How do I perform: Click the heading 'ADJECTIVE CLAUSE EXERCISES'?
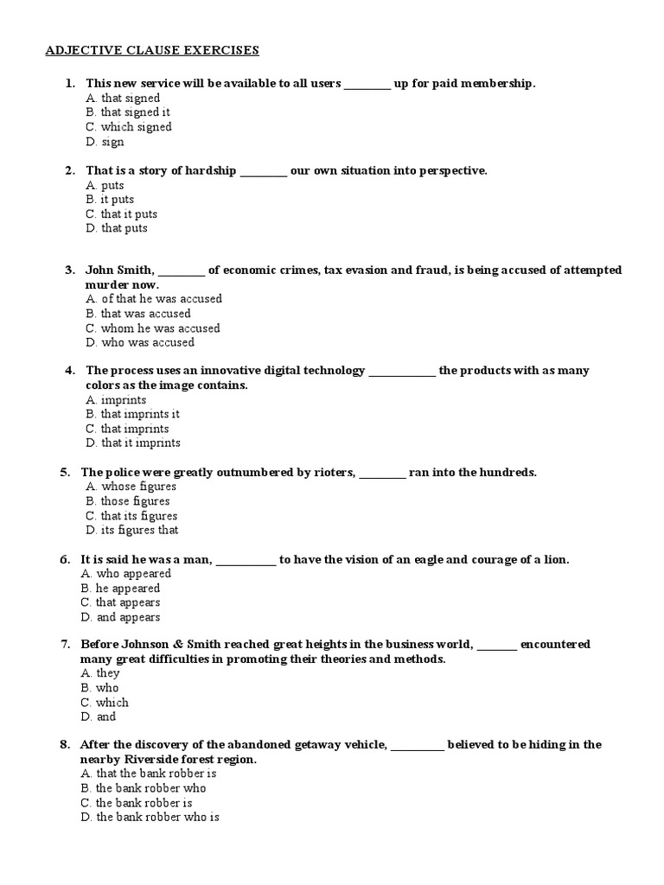pyautogui.click(x=152, y=50)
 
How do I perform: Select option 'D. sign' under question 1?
pyautogui.click(x=105, y=142)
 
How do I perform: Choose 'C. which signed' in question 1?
pyautogui.click(x=129, y=127)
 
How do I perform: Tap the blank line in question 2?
pyautogui.click(x=263, y=171)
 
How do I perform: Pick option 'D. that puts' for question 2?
pyautogui.click(x=117, y=228)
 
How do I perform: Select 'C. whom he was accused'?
pyautogui.click(x=153, y=328)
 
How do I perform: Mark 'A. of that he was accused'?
pyautogui.click(x=154, y=299)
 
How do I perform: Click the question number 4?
pyautogui.click(x=69, y=371)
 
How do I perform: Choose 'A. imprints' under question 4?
pyautogui.click(x=116, y=400)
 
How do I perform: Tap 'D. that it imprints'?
pyautogui.click(x=133, y=443)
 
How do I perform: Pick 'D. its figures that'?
pyautogui.click(x=132, y=530)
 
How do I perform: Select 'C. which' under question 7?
pyautogui.click(x=105, y=703)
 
